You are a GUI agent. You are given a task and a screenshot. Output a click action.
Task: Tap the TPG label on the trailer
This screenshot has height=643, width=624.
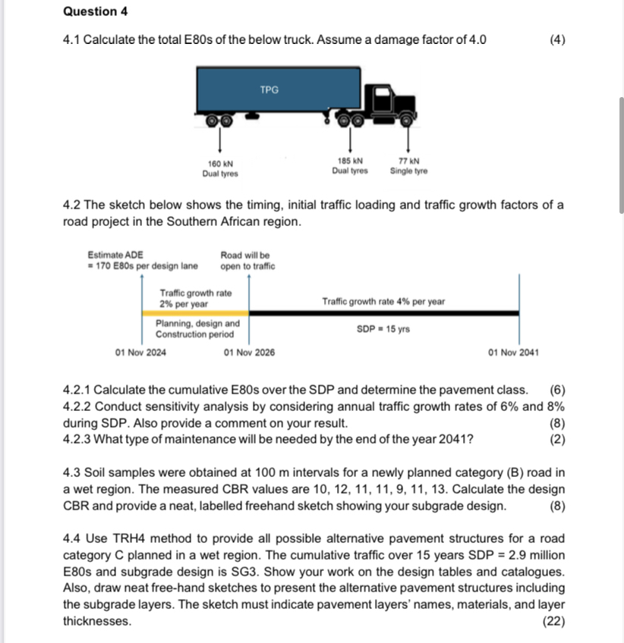(269, 89)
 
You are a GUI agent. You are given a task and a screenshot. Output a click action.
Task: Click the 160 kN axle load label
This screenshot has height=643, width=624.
(219, 164)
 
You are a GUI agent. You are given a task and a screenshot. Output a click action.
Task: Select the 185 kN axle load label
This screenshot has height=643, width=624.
(349, 161)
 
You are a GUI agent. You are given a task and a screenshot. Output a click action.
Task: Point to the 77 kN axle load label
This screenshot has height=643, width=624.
(408, 161)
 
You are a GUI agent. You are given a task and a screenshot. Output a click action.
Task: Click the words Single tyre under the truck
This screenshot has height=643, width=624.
(408, 171)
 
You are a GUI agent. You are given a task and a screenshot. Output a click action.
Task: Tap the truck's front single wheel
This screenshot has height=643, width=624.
(408, 118)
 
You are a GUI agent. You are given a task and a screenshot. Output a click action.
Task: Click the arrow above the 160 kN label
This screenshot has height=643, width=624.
(220, 143)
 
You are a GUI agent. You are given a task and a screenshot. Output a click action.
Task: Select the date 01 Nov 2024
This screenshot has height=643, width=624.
(141, 353)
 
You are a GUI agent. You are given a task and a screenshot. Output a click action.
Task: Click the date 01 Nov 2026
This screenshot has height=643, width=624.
(250, 353)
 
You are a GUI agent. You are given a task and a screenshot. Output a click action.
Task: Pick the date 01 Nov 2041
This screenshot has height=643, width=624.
(514, 353)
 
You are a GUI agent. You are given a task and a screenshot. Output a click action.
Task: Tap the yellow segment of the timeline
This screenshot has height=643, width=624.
(196, 312)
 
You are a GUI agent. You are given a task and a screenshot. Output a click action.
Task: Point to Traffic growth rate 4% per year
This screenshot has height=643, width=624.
(383, 301)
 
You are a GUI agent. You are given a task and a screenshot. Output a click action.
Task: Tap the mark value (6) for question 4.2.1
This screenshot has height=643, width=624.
(557, 390)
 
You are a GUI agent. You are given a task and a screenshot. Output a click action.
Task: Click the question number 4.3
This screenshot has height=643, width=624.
(71, 472)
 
